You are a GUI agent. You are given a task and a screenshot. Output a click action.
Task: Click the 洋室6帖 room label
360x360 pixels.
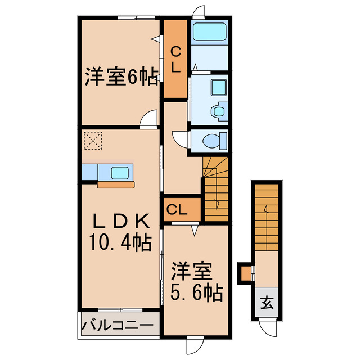pyautogui.click(x=121, y=77)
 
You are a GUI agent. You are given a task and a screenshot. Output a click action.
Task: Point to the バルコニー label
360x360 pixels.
pyautogui.click(x=118, y=325)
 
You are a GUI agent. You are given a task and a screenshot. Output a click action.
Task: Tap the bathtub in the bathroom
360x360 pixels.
pyautogui.click(x=209, y=31)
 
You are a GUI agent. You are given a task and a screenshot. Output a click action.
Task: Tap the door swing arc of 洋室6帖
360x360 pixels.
pyautogui.click(x=149, y=119)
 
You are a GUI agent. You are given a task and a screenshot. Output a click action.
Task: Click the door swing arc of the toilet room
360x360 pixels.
pyautogui.click(x=181, y=138)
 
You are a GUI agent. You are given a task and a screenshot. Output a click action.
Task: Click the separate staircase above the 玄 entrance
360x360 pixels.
pyautogui.click(x=266, y=217)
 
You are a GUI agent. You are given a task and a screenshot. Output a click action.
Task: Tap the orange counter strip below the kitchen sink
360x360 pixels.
pyautogui.click(x=116, y=184)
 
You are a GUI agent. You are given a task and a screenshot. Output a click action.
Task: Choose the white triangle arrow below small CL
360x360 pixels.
pyautogui.click(x=195, y=230)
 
